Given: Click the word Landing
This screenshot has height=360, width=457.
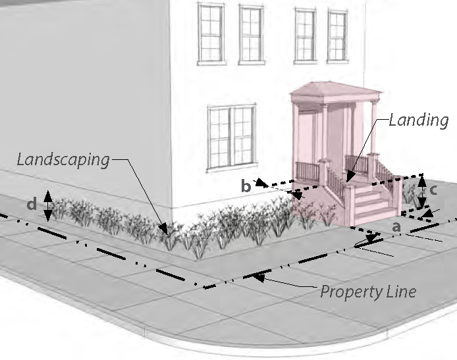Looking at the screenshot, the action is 418,120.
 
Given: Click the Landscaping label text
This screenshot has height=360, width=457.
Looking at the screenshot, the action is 63,159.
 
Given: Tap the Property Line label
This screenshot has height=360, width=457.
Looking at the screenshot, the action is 368,291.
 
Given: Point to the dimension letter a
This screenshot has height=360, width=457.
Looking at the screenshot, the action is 396,226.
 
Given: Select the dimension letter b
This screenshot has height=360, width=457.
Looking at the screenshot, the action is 246,187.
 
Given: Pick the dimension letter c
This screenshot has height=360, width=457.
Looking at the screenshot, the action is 434,190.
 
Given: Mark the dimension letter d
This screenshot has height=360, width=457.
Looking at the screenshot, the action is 32,205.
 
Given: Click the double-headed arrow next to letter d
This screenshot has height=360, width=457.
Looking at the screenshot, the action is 47,206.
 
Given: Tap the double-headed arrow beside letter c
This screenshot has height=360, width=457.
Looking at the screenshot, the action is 422,190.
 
